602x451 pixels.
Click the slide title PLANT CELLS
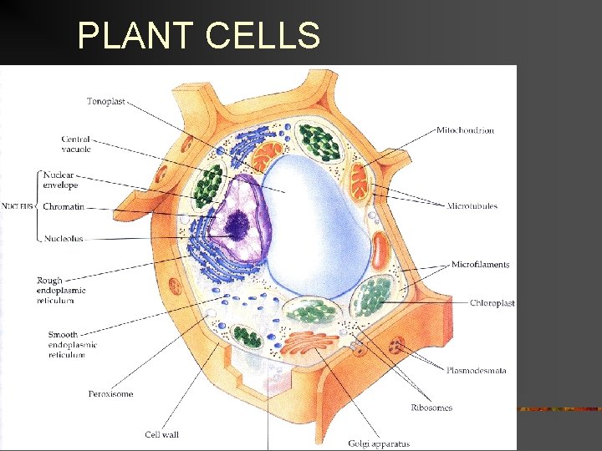[198, 36]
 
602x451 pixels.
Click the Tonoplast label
[106, 102]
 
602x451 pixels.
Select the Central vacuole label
[76, 144]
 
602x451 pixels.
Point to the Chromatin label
[63, 206]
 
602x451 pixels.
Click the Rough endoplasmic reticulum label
[61, 290]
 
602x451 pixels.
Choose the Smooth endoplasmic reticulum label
[72, 344]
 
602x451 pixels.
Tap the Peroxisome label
[110, 393]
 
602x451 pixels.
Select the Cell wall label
[162, 434]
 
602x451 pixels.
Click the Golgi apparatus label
[379, 443]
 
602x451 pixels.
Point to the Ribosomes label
[431, 408]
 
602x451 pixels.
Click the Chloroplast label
[492, 303]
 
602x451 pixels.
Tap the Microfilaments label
[481, 265]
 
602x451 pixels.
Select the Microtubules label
[472, 206]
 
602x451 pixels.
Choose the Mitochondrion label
[465, 130]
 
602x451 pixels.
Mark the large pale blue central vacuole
[318, 225]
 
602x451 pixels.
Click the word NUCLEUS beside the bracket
[17, 206]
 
